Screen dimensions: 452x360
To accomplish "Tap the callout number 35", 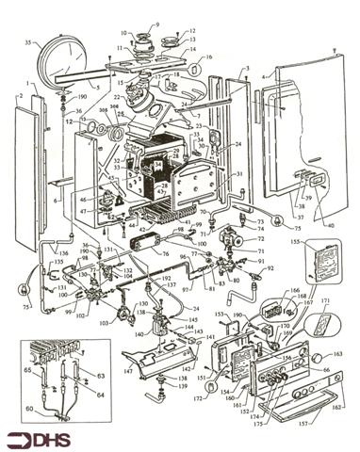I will click(x=29, y=42).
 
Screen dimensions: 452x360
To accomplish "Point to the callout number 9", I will click(x=156, y=24).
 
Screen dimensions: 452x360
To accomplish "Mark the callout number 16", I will click(x=208, y=57).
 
